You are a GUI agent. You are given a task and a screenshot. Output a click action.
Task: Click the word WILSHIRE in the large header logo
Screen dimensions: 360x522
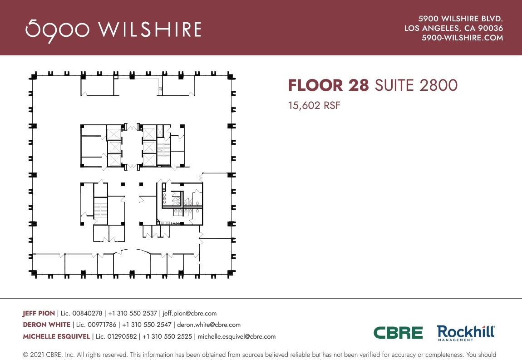(x=150, y=30)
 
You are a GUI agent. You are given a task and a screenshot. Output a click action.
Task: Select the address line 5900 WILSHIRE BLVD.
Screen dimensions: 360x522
(x=460, y=19)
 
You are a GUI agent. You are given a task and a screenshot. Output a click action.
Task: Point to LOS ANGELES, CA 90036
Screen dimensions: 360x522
(x=453, y=28)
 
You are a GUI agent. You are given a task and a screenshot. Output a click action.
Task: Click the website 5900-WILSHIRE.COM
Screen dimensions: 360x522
(x=462, y=38)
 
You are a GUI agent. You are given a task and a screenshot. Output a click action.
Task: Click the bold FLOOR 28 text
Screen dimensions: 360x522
(x=329, y=85)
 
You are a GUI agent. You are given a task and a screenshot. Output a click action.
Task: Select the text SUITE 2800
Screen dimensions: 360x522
(x=416, y=85)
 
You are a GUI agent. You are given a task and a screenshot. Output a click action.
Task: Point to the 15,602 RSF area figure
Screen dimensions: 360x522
(x=314, y=106)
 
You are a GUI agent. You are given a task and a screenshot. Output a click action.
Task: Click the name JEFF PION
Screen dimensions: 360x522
(x=39, y=313)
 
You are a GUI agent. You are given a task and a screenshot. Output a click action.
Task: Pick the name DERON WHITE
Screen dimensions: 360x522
(x=46, y=325)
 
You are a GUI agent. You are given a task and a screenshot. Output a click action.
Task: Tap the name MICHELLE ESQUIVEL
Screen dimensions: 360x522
(x=57, y=336)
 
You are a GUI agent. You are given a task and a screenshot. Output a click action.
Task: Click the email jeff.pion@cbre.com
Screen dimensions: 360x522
(x=190, y=313)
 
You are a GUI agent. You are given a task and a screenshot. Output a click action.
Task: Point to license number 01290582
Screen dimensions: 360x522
(x=113, y=336)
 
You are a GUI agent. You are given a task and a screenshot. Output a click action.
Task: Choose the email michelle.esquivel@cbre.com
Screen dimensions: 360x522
(x=236, y=336)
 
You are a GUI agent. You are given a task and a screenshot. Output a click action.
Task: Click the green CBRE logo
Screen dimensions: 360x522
(x=398, y=333)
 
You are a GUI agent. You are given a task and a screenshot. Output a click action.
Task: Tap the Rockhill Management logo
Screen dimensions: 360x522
(x=466, y=333)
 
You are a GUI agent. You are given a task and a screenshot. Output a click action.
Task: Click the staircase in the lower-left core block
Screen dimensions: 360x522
(x=100, y=211)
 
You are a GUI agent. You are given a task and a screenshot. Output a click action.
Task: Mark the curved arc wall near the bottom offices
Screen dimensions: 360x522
(x=132, y=250)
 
